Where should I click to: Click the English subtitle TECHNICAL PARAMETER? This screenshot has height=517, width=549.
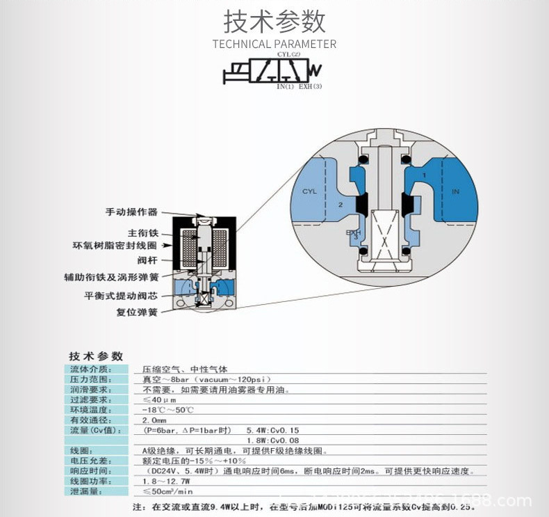click(x=274, y=45)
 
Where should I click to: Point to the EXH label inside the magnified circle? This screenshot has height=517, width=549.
click(x=354, y=233)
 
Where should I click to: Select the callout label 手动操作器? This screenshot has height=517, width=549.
click(x=131, y=212)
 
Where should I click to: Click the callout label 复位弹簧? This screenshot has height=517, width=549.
click(x=137, y=312)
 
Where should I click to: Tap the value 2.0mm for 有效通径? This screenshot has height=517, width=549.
click(x=155, y=420)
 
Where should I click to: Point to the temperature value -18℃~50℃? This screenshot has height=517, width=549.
click(x=163, y=410)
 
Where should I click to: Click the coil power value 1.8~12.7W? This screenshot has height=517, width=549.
click(x=167, y=481)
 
